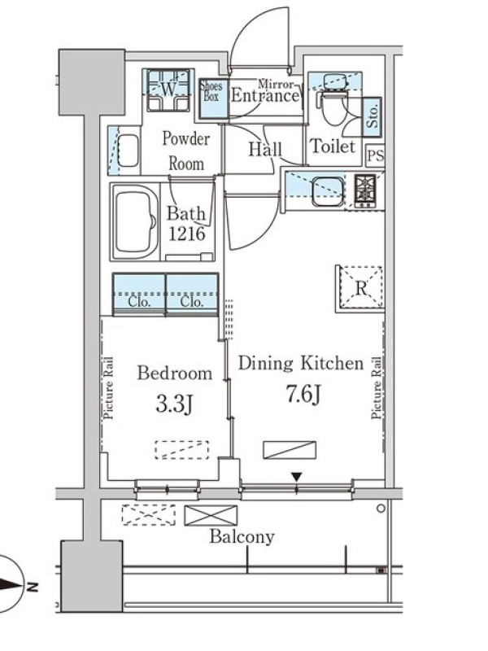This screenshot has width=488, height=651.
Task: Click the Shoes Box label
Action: click(x=211, y=91)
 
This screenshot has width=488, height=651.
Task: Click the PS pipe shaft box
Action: click(x=375, y=156)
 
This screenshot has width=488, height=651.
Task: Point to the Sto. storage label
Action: click(x=373, y=117)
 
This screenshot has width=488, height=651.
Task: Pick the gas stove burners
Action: click(x=364, y=190)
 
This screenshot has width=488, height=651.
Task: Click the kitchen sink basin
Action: click(x=328, y=191)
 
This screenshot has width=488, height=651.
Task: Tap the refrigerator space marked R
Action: click(x=360, y=288)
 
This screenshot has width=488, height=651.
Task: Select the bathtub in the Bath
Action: click(x=134, y=221)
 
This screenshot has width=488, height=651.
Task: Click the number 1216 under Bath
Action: click(x=187, y=234)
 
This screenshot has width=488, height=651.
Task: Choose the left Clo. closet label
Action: click(x=139, y=302)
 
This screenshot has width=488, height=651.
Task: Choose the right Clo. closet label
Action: click(x=192, y=302)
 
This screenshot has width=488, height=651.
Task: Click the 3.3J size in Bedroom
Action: click(x=174, y=403)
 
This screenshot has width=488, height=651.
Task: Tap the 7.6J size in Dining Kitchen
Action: click(x=303, y=394)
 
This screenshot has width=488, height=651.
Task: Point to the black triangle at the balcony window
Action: click(x=296, y=477)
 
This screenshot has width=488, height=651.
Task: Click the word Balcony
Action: click(x=242, y=537)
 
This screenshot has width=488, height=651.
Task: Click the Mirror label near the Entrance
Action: click(x=276, y=85)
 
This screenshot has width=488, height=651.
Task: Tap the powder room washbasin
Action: click(x=128, y=150)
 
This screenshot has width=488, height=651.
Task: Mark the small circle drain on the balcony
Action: click(x=381, y=508)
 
